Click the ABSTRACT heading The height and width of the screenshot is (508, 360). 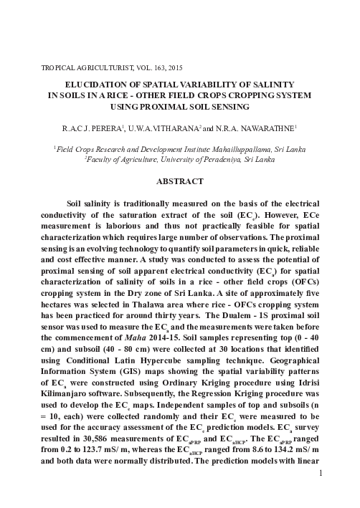[181, 181]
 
